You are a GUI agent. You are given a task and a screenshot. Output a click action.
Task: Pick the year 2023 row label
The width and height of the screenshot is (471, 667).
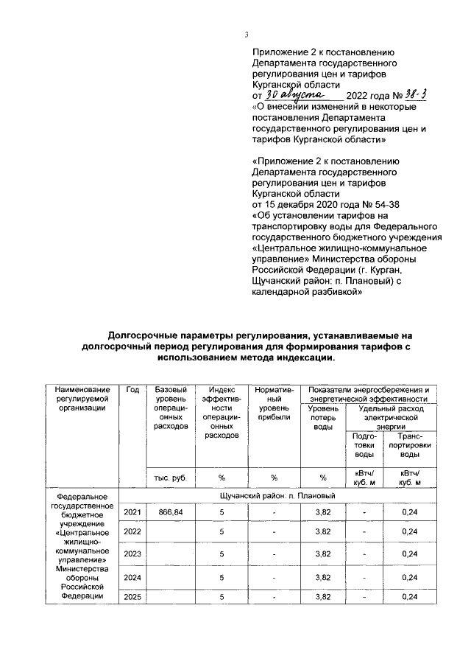tap(132, 553)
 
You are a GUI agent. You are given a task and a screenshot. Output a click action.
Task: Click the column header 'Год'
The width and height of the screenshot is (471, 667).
tap(132, 389)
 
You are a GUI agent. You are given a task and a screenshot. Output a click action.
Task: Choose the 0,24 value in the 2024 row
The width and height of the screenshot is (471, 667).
tap(409, 576)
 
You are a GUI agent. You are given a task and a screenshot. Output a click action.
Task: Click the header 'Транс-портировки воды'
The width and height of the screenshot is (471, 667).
tap(409, 445)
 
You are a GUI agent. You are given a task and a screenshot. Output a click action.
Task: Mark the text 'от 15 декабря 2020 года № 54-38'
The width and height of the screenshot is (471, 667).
tap(325, 203)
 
